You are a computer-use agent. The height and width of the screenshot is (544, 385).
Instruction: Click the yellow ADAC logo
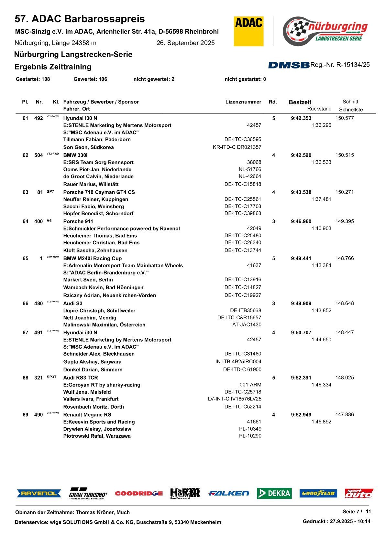[248, 31]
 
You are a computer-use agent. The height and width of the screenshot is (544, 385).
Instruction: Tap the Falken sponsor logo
[228, 493]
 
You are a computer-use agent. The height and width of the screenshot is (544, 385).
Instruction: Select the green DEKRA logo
[274, 493]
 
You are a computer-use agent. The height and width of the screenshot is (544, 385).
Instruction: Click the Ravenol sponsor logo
[39, 493]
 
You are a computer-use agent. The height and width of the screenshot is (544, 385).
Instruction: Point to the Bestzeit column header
[300, 102]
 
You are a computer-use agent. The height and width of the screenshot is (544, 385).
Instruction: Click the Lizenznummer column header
[243, 102]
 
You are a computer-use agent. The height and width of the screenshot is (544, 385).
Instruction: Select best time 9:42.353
[301, 118]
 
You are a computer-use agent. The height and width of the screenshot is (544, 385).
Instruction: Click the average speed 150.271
[344, 192]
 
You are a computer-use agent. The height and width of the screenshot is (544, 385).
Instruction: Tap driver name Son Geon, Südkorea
[88, 147]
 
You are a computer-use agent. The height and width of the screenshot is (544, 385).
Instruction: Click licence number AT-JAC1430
[247, 325]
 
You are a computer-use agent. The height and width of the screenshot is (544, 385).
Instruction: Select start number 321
[38, 378]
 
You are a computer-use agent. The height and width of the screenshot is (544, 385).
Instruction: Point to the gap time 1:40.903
[321, 229]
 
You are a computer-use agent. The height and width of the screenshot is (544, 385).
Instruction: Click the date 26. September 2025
[185, 43]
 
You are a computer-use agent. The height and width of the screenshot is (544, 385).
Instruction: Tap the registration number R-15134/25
[353, 65]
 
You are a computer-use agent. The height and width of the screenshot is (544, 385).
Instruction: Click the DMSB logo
[289, 65]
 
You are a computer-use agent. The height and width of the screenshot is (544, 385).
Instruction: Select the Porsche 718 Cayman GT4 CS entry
[99, 192]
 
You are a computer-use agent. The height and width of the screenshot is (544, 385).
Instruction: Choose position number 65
[25, 259]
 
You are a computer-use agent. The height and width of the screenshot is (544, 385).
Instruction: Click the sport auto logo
[359, 493]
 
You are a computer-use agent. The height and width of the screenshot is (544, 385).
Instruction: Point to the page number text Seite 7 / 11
[357, 511]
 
